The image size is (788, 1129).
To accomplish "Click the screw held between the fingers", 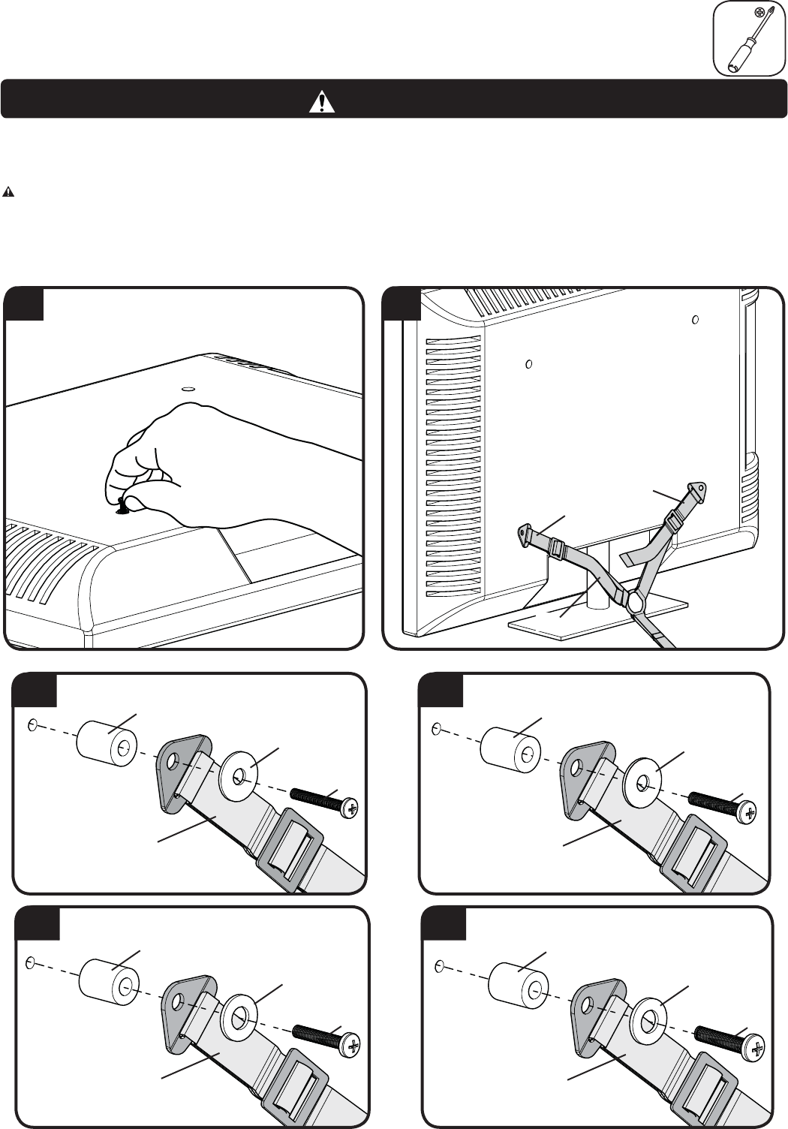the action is tap(123, 506).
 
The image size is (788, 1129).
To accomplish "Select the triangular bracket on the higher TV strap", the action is tap(699, 489).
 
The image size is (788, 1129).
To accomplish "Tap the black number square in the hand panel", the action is tap(23, 304).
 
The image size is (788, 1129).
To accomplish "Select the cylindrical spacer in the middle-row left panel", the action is tap(104, 742).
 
